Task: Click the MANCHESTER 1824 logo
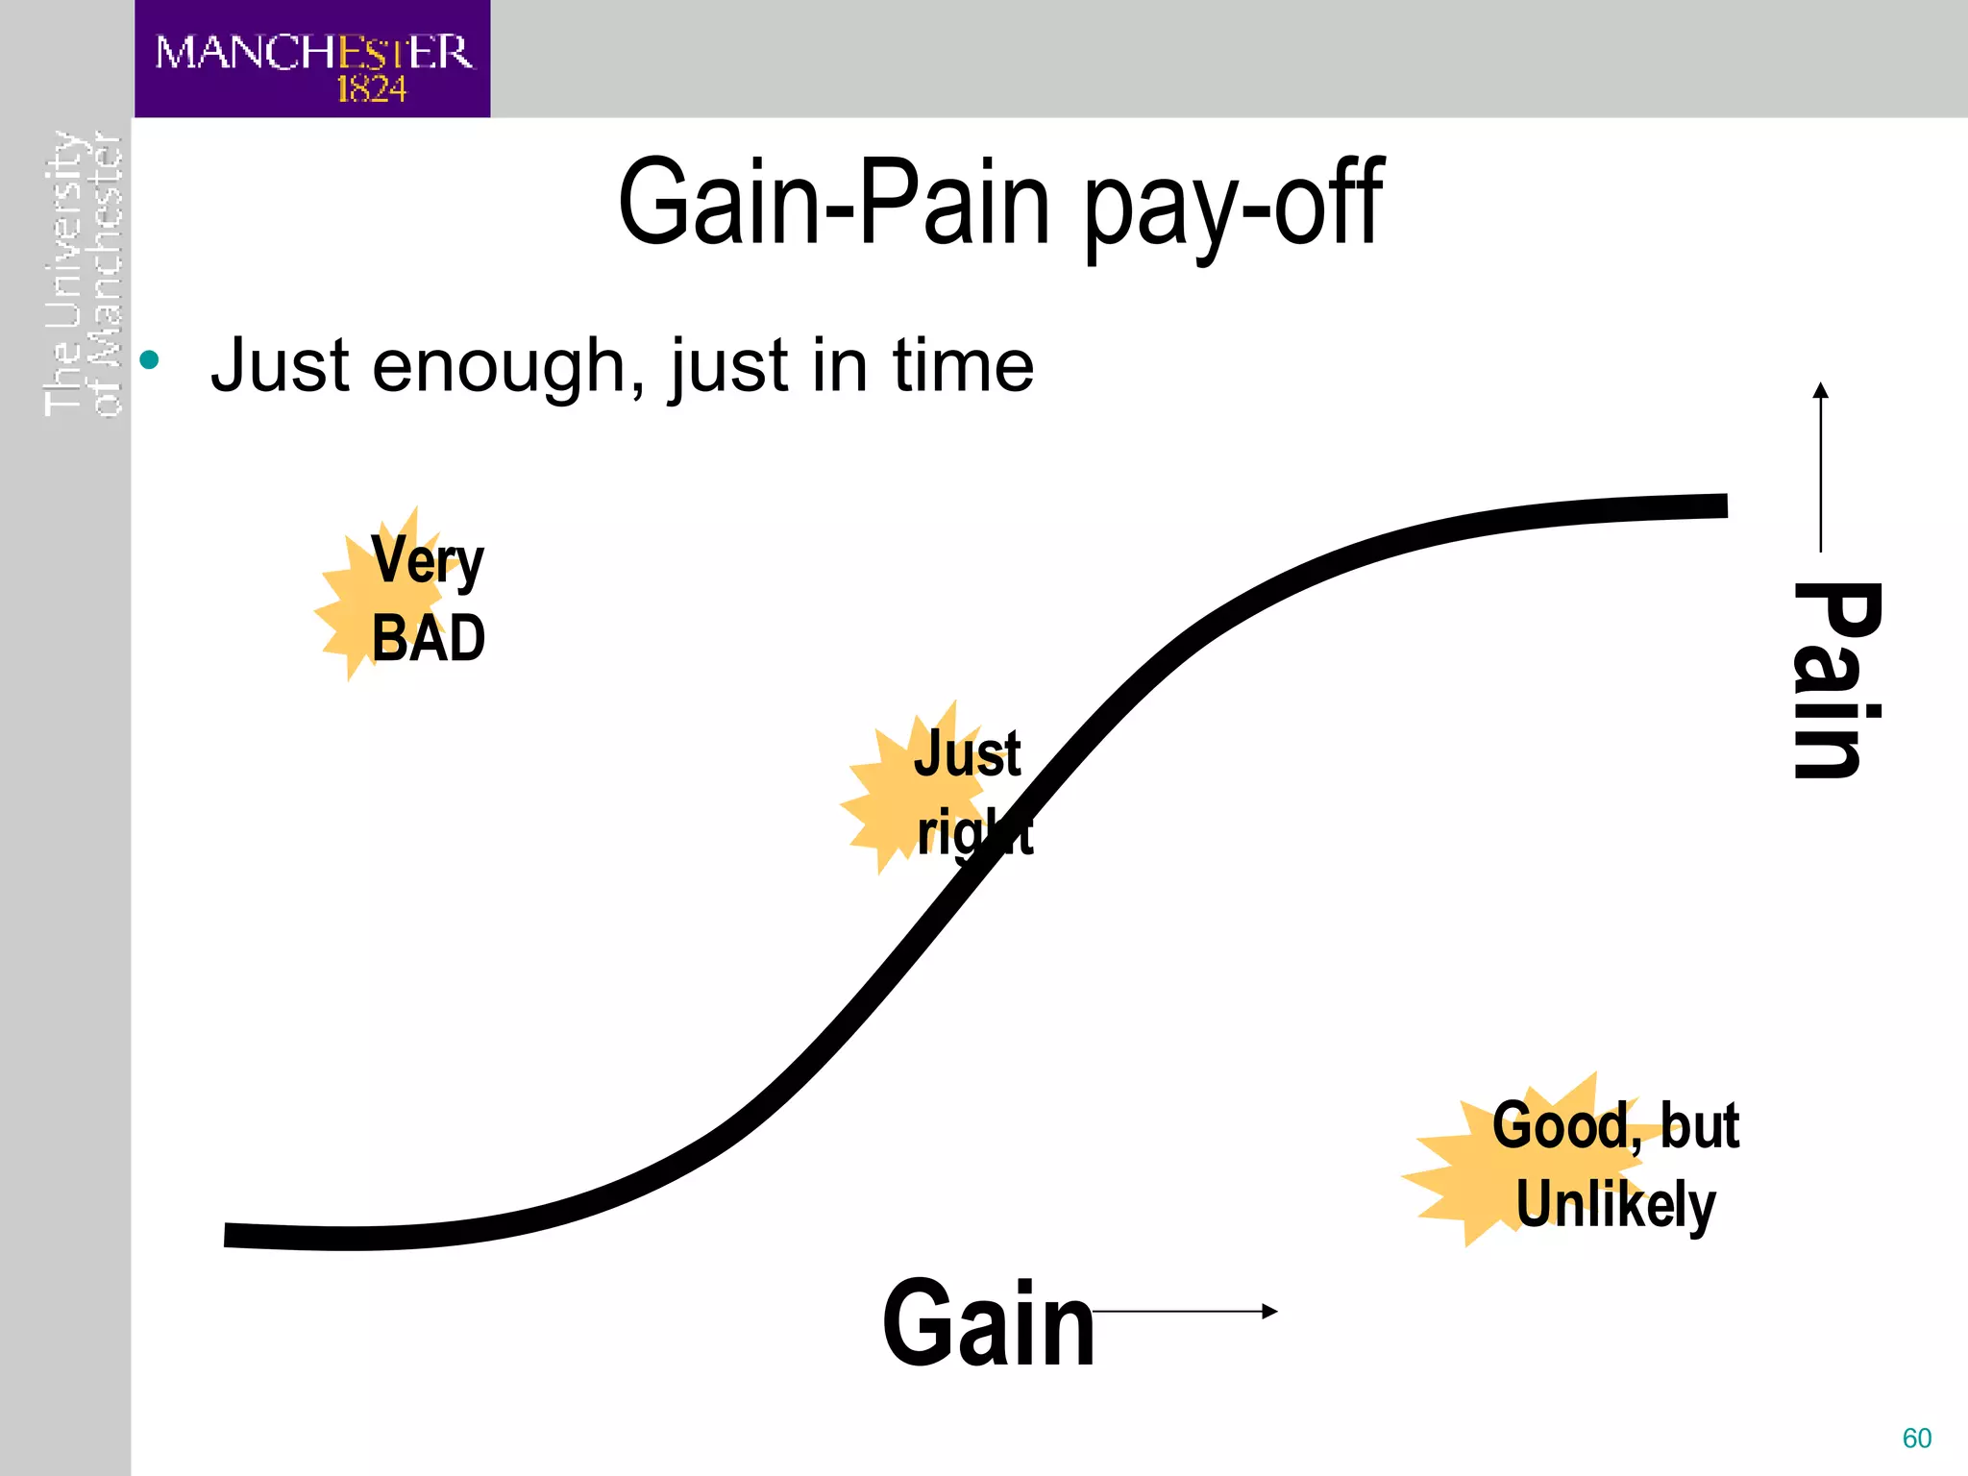312,60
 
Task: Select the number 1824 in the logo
371,89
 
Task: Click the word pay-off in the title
1235,206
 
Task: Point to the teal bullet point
149,361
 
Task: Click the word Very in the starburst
428,560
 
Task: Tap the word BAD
429,638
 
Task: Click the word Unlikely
1615,1205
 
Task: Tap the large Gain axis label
989,1323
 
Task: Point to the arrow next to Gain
1186,1311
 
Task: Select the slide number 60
1916,1439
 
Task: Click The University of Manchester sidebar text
84,275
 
